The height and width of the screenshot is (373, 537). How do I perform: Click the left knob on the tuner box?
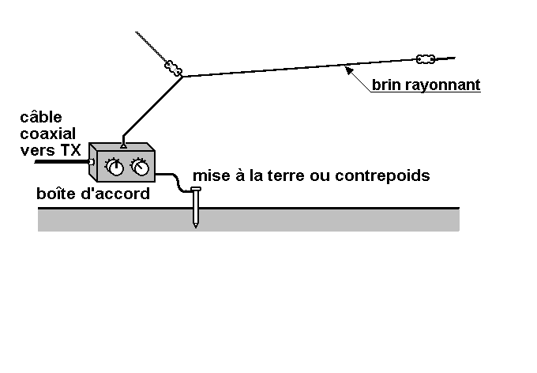115,168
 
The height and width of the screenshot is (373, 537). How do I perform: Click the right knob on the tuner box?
140,167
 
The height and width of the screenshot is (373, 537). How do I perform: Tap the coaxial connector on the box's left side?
92,163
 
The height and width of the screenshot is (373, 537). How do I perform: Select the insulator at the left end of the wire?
174,68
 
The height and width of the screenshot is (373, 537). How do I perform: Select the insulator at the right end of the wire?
425,58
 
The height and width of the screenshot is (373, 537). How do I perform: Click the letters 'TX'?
70,149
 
